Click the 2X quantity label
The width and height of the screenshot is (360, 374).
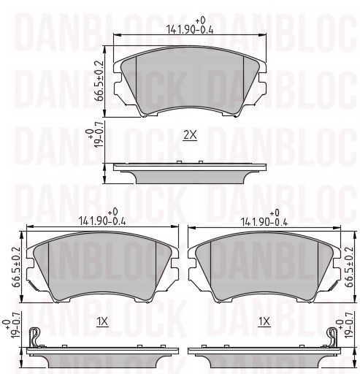190,135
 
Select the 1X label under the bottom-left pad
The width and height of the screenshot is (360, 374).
102,322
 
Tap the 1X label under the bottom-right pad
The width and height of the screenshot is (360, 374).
264,322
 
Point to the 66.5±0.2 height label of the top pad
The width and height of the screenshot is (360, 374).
99,80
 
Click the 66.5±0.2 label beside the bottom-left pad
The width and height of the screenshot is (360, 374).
16,267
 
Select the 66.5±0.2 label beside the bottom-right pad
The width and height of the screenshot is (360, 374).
348,267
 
